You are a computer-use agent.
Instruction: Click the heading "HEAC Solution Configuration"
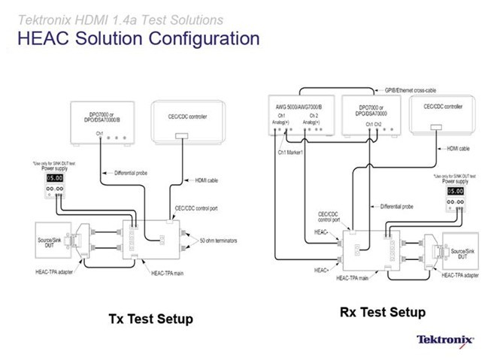(x=138, y=38)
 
